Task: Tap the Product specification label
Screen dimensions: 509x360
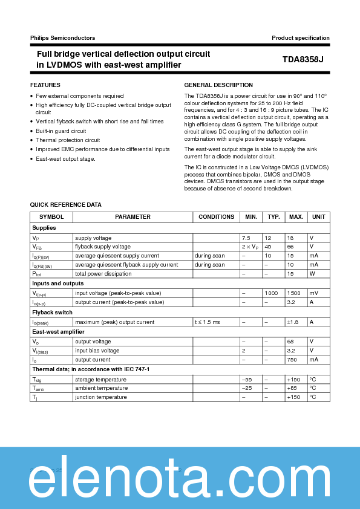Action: click(x=300, y=38)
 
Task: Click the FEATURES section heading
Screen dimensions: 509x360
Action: click(x=45, y=85)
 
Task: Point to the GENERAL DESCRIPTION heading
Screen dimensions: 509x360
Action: click(x=218, y=85)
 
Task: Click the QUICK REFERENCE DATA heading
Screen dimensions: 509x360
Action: click(x=66, y=205)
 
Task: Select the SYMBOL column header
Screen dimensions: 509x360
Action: click(x=51, y=217)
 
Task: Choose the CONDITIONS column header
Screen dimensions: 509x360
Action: click(x=216, y=217)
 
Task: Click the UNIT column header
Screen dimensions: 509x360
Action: click(x=318, y=217)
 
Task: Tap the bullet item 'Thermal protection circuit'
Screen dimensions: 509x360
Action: click(x=67, y=140)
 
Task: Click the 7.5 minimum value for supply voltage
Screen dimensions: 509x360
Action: click(x=246, y=238)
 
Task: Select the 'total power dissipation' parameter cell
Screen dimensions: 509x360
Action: click(x=102, y=274)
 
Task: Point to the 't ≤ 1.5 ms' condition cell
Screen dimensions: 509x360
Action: click(x=208, y=322)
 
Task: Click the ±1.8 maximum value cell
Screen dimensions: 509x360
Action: click(x=292, y=322)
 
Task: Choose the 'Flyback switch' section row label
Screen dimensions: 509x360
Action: click(x=52, y=313)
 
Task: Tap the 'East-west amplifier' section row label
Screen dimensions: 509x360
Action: click(x=58, y=332)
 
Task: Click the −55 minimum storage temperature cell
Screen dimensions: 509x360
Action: click(x=246, y=380)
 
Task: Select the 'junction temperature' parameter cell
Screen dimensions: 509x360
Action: click(x=101, y=397)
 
